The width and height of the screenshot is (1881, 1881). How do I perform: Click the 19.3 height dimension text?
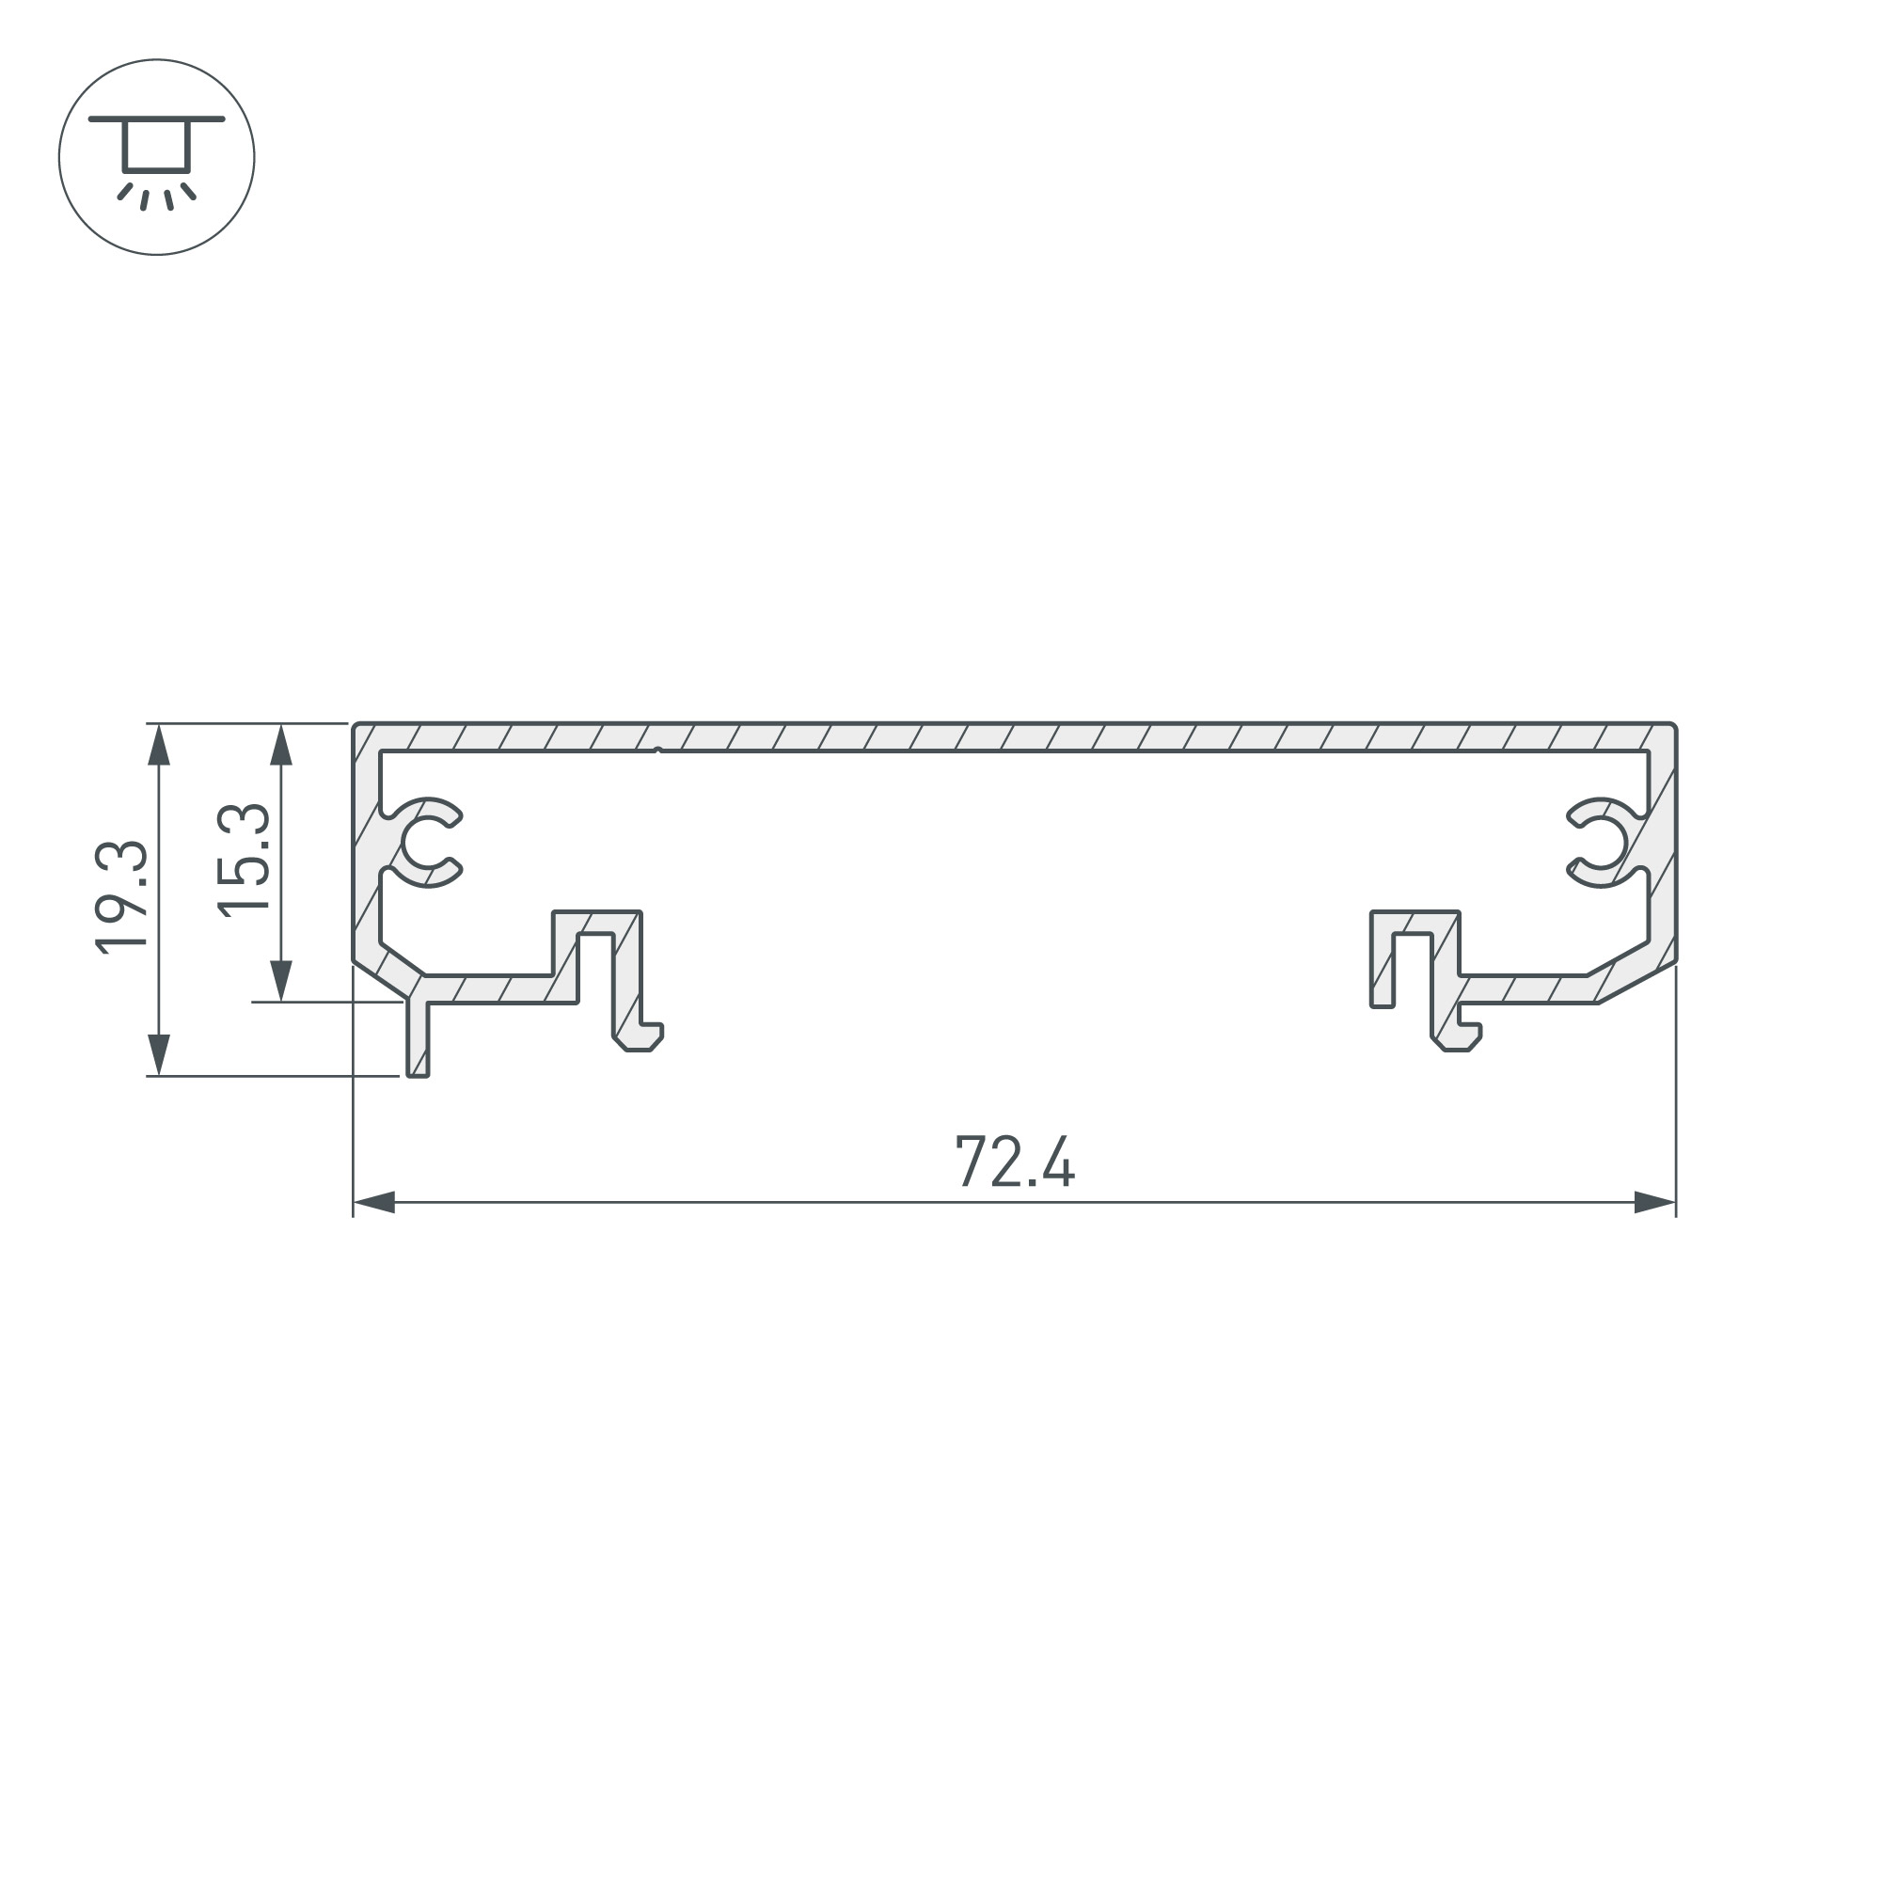121,896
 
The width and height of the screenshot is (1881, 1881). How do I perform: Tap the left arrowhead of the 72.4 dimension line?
374,1202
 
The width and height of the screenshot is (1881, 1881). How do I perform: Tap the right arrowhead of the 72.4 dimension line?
1654,1202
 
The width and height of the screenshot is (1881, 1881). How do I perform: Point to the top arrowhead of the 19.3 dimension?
159,745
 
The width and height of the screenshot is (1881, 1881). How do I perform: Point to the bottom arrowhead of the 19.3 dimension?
159,1054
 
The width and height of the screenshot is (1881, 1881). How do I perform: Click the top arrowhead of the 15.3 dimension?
281,745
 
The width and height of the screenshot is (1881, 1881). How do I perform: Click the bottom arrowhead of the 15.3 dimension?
281,979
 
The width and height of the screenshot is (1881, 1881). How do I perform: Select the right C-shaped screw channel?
1602,843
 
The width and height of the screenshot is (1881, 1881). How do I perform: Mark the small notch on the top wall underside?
659,750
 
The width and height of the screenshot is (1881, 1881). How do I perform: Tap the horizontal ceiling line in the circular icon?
156,119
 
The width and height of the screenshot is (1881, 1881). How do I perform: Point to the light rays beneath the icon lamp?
156,196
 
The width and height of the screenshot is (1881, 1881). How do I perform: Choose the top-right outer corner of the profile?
1674,725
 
